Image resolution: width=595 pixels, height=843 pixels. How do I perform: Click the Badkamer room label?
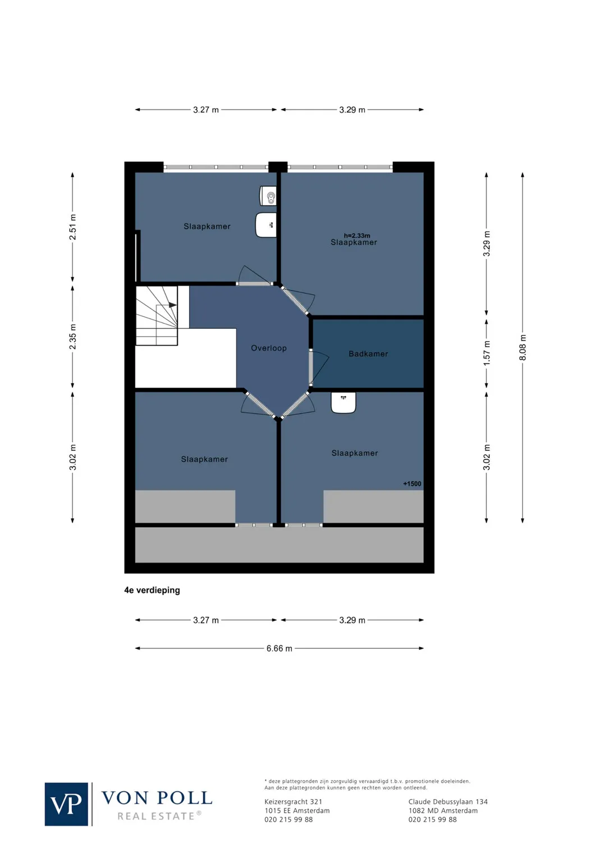click(x=368, y=353)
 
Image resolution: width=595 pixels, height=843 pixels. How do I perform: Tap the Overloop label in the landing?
click(x=268, y=348)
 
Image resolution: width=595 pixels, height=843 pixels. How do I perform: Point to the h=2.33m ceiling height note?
click(x=357, y=235)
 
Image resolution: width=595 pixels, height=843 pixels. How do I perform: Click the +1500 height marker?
click(x=412, y=483)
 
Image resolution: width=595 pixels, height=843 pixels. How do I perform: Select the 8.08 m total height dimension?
click(x=523, y=347)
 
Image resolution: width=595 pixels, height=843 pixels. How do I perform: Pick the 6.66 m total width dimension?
click(x=279, y=649)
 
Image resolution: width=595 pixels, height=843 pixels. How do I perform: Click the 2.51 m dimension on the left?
click(x=72, y=227)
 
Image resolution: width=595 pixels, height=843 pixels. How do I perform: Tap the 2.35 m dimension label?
click(x=72, y=337)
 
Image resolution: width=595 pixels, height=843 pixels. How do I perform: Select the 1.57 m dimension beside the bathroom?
click(x=487, y=353)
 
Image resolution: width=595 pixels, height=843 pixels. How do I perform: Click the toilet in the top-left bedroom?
click(x=268, y=196)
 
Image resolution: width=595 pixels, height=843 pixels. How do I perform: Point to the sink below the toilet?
click(x=266, y=225)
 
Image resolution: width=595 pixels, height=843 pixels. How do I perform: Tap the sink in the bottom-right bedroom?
click(x=343, y=402)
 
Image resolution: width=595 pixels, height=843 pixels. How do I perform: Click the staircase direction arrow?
click(x=172, y=305)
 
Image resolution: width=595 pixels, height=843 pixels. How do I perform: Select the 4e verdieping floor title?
click(x=152, y=590)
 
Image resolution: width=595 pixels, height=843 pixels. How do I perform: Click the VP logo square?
click(x=66, y=804)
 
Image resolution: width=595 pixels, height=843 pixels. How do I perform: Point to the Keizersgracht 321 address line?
click(x=293, y=802)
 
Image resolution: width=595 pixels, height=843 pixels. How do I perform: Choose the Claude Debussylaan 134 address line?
click(x=448, y=802)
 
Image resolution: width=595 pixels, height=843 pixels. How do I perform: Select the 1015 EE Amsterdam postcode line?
click(x=297, y=810)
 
